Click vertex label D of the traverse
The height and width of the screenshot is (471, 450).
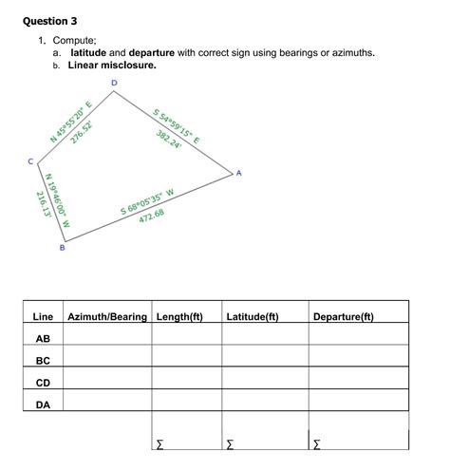point(114,84)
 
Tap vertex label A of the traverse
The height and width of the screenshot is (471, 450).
point(239,172)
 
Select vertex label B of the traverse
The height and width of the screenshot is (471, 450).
point(63,248)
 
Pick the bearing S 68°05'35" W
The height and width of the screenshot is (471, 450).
point(147,201)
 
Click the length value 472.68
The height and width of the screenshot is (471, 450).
point(152,215)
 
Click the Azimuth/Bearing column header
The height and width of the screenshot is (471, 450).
point(107,315)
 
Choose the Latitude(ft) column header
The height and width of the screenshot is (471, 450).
point(253,315)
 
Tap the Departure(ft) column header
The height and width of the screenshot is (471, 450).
point(343,315)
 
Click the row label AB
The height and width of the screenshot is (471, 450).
point(43,338)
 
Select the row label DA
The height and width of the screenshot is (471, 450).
point(43,405)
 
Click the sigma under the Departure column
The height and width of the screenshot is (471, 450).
point(317,443)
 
